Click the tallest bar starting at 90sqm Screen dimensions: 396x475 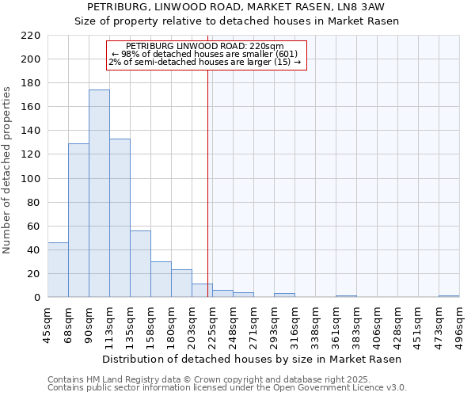pyautogui.click(x=99, y=194)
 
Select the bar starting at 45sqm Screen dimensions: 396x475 pyautogui.click(x=58, y=270)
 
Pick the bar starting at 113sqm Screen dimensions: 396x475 pyautogui.click(x=120, y=218)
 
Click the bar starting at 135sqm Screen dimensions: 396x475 pyautogui.click(x=140, y=264)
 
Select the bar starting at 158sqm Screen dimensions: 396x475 pyautogui.click(x=161, y=280)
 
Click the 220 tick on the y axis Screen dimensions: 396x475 pyautogui.click(x=31, y=36)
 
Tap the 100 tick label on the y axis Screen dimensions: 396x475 pyautogui.click(x=31, y=179)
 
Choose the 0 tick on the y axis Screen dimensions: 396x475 pyautogui.click(x=36, y=298)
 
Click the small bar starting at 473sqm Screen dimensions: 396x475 pyautogui.click(x=449, y=296)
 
